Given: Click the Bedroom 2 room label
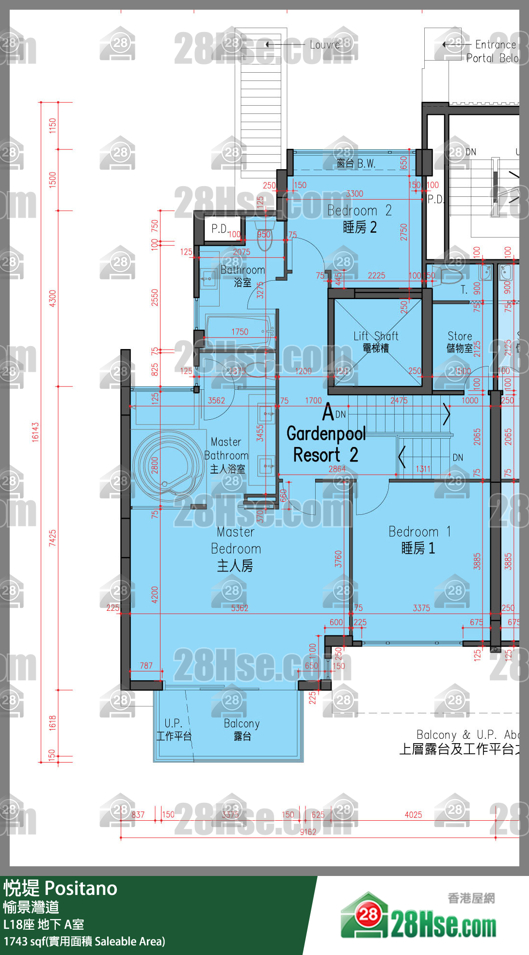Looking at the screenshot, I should [359, 218].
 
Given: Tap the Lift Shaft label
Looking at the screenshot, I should [376, 341].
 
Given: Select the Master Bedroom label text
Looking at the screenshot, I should [236, 548].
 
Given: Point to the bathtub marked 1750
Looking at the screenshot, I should [240, 332].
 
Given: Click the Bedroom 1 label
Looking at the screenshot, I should [419, 540].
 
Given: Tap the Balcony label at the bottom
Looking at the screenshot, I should [241, 729].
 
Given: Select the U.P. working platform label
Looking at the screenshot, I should [174, 729].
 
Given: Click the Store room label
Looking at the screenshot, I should [460, 341].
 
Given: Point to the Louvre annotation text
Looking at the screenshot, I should [325, 45].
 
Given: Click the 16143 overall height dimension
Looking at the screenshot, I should [35, 431].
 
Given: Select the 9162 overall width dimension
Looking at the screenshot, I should [308, 832].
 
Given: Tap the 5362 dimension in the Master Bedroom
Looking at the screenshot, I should [240, 608].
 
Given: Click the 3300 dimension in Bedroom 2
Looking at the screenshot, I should [354, 193].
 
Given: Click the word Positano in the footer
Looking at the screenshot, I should [81, 889].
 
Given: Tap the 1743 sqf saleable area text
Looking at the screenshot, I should [84, 941].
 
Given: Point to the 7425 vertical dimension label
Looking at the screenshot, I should [52, 538].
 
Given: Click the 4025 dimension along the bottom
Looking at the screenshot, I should [413, 815].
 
